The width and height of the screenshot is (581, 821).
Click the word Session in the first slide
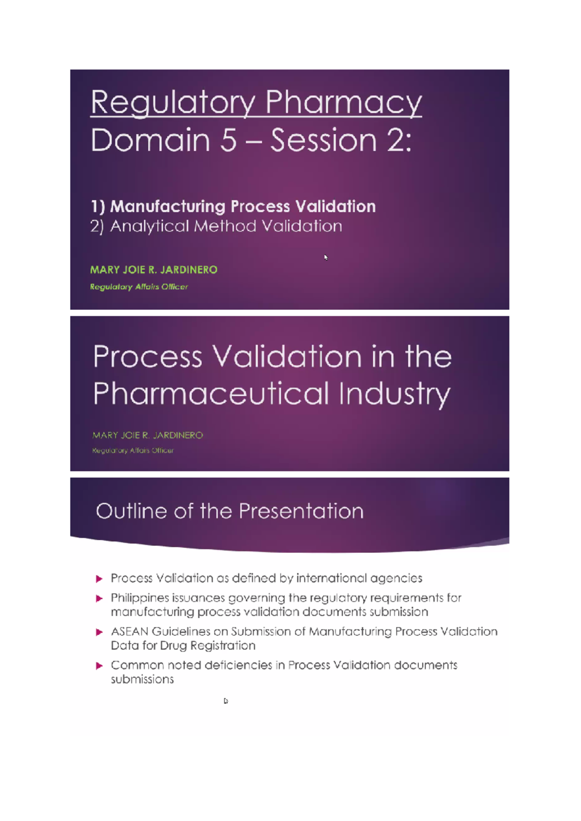click(x=323, y=140)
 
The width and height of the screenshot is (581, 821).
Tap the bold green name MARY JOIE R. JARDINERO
click(x=153, y=270)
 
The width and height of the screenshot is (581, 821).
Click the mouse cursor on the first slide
click(x=326, y=257)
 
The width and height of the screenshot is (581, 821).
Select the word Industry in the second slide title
click(x=395, y=393)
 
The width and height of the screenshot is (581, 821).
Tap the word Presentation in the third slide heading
click(x=301, y=511)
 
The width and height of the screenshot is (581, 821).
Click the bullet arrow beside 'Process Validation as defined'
click(x=99, y=578)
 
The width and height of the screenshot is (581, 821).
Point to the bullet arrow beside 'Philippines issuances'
click(x=99, y=598)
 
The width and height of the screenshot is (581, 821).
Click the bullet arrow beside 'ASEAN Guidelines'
click(x=99, y=632)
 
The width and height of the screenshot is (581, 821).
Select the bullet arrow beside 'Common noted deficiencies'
click(x=99, y=666)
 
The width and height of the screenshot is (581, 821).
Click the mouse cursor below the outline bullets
click(x=226, y=700)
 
